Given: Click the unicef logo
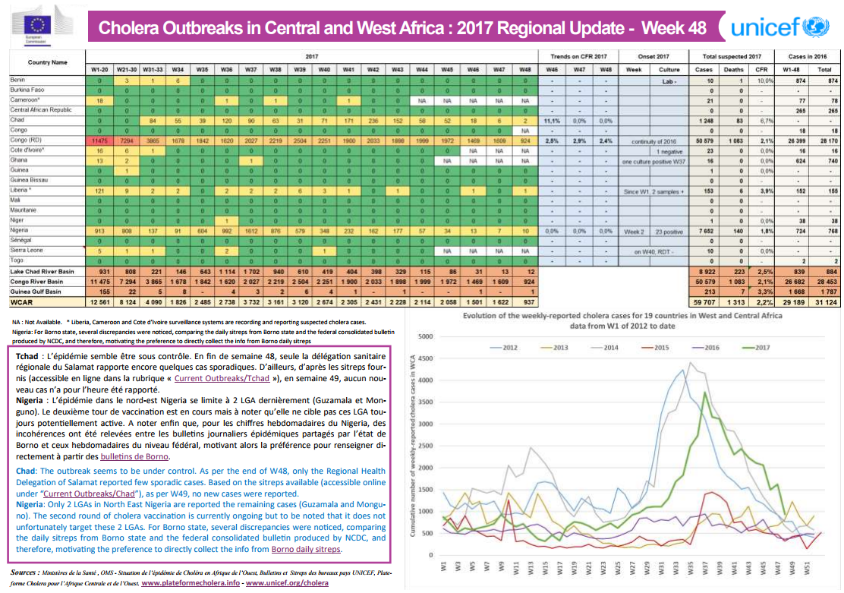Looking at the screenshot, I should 779,27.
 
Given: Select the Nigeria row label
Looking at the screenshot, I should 19,229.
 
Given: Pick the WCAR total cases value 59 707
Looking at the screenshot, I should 703,301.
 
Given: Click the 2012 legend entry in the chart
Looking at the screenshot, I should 506,347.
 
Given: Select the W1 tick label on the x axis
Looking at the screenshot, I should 444,567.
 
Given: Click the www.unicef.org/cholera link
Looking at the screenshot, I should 287,583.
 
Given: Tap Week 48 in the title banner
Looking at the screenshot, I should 674,28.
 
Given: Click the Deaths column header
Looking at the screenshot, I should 734,68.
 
